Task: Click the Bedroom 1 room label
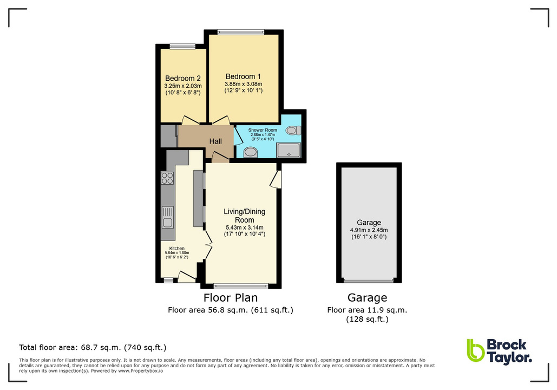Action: (x=243, y=76)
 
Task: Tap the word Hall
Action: (x=216, y=141)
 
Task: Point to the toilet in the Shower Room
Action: (x=293, y=131)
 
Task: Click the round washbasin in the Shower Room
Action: (x=251, y=152)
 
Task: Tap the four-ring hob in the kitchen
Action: (x=167, y=178)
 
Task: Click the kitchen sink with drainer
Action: (x=167, y=217)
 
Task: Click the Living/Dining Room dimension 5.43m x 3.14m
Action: (x=244, y=227)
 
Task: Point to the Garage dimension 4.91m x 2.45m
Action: (x=369, y=230)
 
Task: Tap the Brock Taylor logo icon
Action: (x=475, y=350)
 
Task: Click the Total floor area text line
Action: (x=93, y=347)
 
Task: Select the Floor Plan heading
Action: (x=230, y=297)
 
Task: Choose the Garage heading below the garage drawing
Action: (x=367, y=297)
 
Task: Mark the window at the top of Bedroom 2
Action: (x=182, y=46)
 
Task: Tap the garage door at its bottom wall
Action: (x=369, y=281)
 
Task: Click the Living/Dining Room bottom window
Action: (x=241, y=285)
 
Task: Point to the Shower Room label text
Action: (x=263, y=130)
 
